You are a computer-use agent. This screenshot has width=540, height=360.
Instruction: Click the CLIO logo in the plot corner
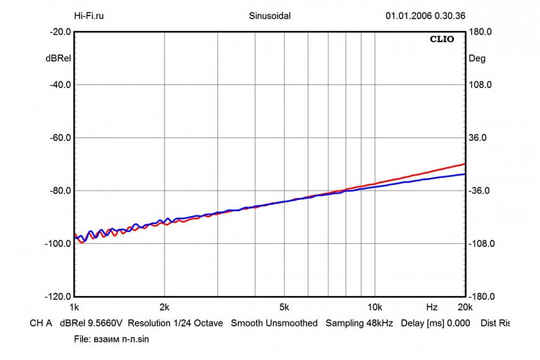442,40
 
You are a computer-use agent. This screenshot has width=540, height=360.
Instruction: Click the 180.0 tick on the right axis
480,32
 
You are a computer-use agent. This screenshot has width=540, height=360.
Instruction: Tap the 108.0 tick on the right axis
480,84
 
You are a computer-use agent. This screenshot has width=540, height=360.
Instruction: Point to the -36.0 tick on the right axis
482,191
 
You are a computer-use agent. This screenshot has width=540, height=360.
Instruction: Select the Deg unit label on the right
477,58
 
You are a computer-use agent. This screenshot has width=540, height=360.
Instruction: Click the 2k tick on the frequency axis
164,307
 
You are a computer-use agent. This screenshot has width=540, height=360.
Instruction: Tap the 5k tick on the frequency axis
284,307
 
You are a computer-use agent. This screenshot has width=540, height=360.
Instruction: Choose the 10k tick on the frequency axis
374,307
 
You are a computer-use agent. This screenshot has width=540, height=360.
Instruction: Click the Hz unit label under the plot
431,307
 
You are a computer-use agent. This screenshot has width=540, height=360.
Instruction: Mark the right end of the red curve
464,164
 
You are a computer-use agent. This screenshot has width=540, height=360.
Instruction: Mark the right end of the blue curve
464,174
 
